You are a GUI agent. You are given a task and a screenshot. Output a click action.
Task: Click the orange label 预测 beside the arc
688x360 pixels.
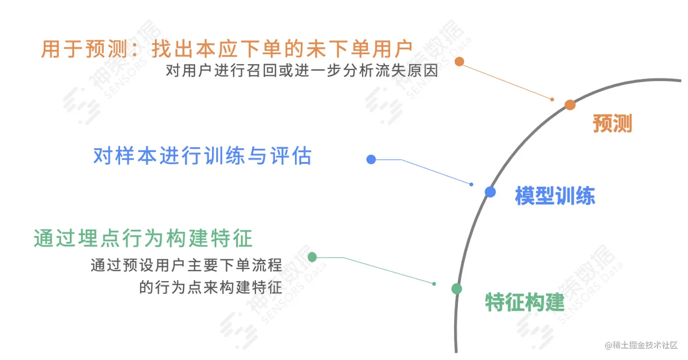pyautogui.click(x=612, y=123)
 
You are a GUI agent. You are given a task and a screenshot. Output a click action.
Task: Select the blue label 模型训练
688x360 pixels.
pyautogui.click(x=555, y=196)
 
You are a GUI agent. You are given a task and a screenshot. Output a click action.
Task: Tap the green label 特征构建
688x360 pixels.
pyautogui.click(x=525, y=302)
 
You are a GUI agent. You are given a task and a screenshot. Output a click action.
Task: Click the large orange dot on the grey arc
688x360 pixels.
pyautogui.click(x=570, y=105)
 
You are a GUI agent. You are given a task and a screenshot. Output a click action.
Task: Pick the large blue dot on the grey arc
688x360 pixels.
pyautogui.click(x=490, y=192)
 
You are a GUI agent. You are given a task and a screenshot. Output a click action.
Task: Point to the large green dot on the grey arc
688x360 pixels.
pyautogui.click(x=457, y=289)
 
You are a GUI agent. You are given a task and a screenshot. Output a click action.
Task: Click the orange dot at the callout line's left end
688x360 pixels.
pyautogui.click(x=459, y=61)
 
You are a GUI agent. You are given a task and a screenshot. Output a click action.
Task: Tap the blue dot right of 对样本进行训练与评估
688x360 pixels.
pyautogui.click(x=371, y=159)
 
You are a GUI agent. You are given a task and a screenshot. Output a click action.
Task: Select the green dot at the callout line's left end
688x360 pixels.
pyautogui.click(x=312, y=257)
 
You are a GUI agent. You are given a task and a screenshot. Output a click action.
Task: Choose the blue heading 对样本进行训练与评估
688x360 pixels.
pyautogui.click(x=202, y=156)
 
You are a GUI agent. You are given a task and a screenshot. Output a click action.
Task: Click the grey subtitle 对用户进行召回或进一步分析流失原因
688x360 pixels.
pyautogui.click(x=302, y=72)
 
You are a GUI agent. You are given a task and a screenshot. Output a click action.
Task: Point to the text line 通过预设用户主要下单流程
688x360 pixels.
pyautogui.click(x=187, y=265)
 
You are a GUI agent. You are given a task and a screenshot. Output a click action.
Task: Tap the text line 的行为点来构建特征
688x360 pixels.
pyautogui.click(x=211, y=288)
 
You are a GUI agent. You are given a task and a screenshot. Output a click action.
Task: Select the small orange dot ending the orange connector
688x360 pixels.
pyautogui.click(x=552, y=99)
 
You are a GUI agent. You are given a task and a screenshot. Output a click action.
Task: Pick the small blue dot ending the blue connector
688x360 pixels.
pyautogui.click(x=471, y=184)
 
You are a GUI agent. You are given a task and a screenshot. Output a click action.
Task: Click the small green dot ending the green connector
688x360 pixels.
pyautogui.click(x=434, y=284)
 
